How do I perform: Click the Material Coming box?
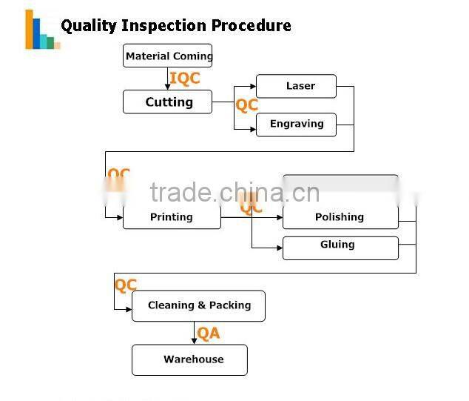click(x=168, y=56)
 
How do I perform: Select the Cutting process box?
click(x=168, y=102)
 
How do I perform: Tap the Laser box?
click(x=296, y=86)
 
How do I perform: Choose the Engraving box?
click(x=296, y=124)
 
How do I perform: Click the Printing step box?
click(x=172, y=217)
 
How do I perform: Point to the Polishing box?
click(x=340, y=217)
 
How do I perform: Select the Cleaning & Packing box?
click(x=198, y=305)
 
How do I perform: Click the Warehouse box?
click(x=189, y=359)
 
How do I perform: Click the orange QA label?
click(x=209, y=334)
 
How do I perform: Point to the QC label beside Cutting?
click(x=246, y=105)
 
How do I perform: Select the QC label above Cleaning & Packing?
click(x=126, y=285)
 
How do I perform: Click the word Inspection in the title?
click(x=164, y=26)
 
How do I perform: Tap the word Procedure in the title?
click(x=251, y=26)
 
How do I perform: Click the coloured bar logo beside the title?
click(x=41, y=30)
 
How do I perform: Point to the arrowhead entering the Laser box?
click(x=252, y=87)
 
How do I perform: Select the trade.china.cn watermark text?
click(x=234, y=193)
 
